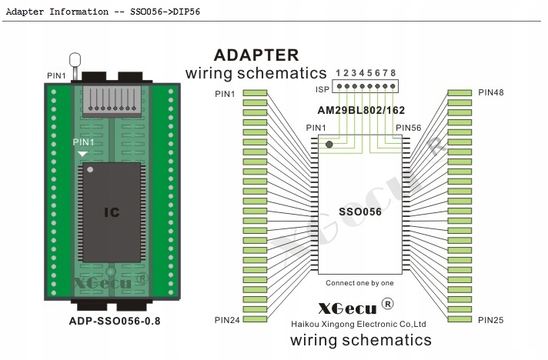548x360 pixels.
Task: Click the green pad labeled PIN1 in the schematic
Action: (x=255, y=93)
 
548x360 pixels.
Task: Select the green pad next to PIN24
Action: (x=255, y=319)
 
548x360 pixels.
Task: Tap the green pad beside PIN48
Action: (x=459, y=93)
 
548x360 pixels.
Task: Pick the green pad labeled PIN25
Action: (x=459, y=319)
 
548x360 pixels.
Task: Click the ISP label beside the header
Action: (x=322, y=89)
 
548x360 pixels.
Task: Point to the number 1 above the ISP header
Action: (x=338, y=73)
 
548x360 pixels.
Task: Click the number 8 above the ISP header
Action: (x=393, y=73)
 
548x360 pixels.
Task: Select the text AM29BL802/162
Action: (x=361, y=110)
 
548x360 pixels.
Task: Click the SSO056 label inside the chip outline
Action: (x=360, y=212)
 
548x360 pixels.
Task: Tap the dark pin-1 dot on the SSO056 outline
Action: (x=329, y=144)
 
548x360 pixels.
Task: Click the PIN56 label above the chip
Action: (x=408, y=128)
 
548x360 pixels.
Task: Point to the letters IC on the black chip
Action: (x=112, y=212)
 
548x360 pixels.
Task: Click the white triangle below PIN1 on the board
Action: (x=82, y=154)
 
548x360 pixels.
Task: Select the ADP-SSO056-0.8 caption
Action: (x=115, y=321)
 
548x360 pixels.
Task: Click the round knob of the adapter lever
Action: (x=75, y=60)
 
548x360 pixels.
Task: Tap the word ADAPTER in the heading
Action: (x=256, y=55)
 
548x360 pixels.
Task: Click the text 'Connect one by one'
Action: (x=359, y=283)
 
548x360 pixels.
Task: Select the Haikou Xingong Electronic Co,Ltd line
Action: (x=359, y=324)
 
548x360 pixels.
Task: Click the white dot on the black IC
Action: (x=90, y=170)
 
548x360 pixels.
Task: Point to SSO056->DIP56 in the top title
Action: (x=165, y=12)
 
